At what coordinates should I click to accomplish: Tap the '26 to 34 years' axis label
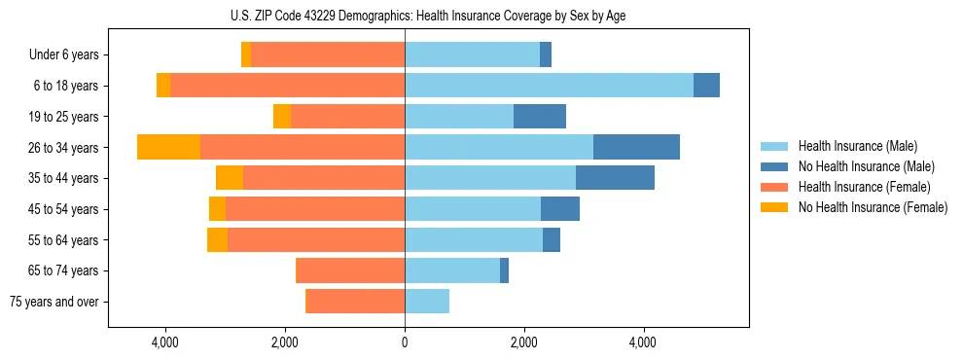64,148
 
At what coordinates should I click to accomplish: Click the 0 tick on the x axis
405,342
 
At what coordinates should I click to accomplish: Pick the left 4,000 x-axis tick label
165,342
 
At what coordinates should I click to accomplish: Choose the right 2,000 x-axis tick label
523,342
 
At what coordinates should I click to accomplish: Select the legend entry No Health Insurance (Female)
873,207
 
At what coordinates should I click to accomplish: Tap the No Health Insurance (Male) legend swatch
775,167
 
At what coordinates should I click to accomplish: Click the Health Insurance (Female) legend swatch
775,187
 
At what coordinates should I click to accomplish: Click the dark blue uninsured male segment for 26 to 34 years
636,148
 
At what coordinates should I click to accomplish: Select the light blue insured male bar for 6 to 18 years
549,86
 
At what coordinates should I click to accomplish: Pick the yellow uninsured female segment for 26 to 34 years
169,148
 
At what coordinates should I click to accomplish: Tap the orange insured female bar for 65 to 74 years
350,270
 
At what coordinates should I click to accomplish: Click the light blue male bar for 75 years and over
427,302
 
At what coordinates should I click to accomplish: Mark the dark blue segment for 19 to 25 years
540,117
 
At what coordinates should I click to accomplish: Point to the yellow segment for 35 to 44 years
230,178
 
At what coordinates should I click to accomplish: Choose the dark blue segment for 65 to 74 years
504,270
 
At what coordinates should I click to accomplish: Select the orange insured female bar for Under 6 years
328,55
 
